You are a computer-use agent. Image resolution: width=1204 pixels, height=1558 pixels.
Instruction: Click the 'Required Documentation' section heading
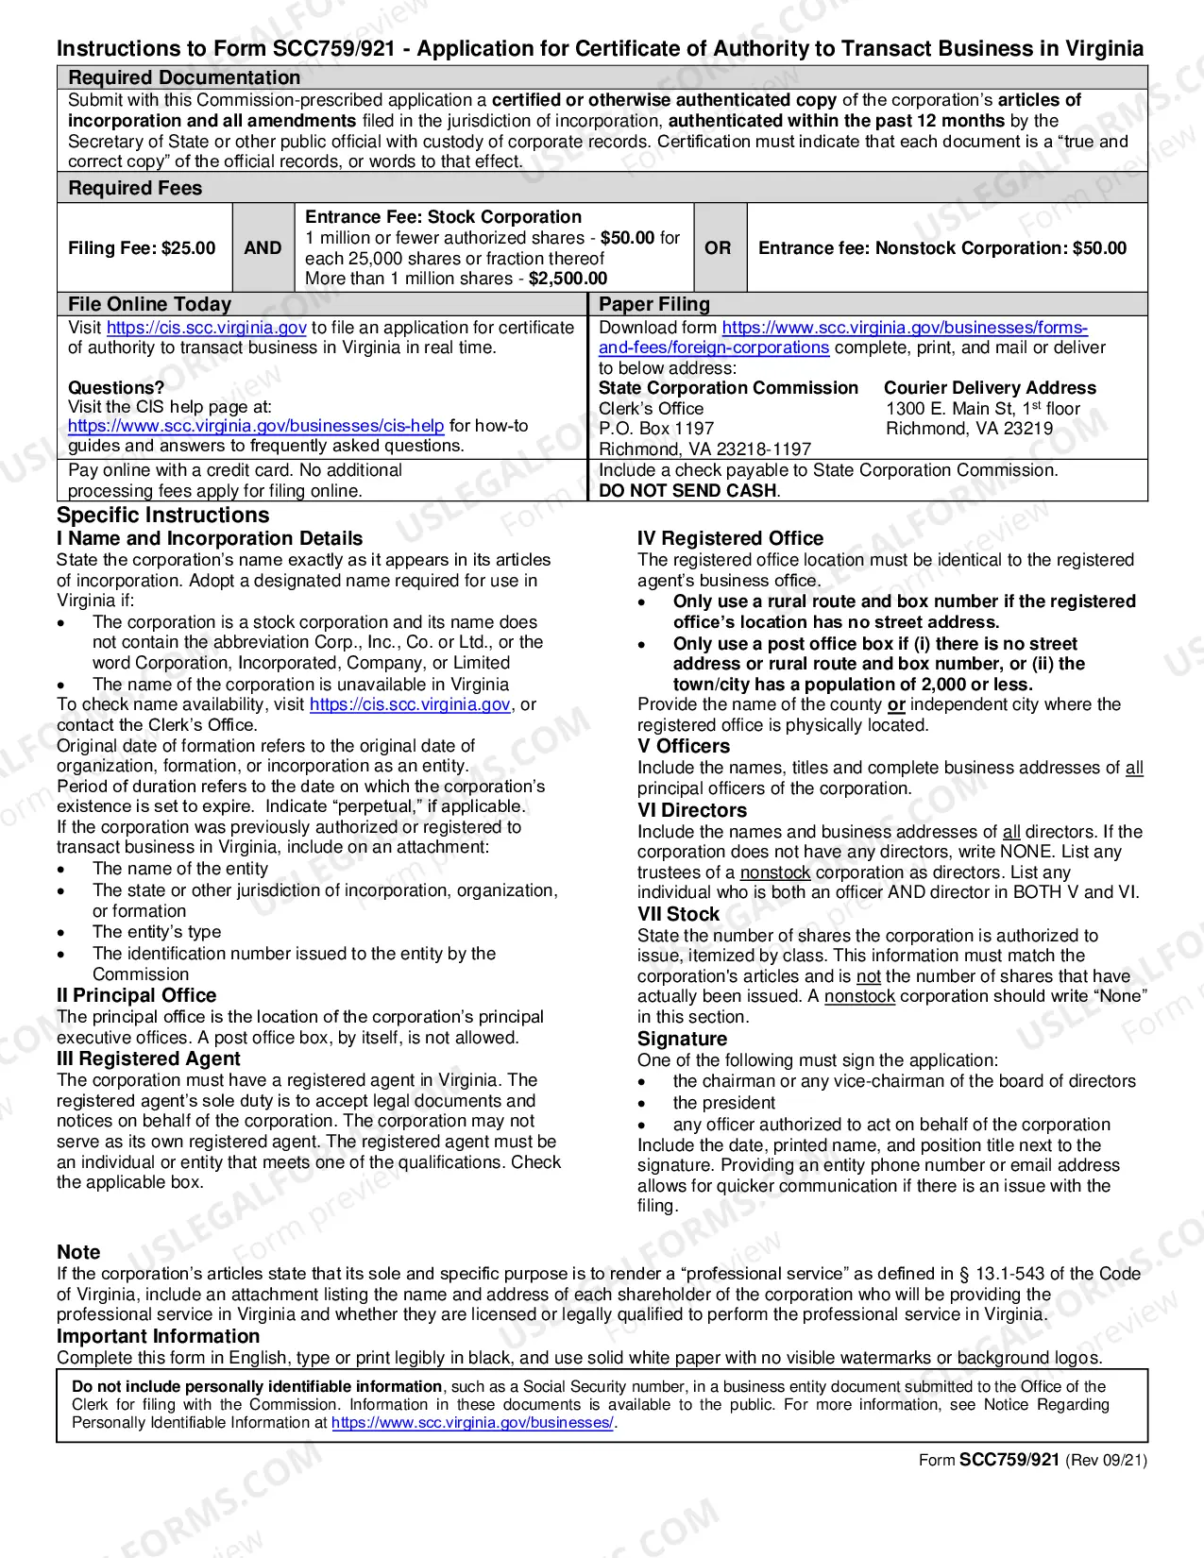click(184, 77)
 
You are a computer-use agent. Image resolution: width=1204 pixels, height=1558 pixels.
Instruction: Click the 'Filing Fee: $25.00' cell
click(142, 247)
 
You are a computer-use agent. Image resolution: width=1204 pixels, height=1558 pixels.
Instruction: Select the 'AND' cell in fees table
click(263, 247)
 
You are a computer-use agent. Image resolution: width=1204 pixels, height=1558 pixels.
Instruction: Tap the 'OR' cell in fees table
click(718, 247)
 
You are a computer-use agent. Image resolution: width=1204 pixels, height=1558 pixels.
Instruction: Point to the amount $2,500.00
click(568, 279)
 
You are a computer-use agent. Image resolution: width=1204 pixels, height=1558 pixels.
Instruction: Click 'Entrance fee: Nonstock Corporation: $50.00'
click(942, 247)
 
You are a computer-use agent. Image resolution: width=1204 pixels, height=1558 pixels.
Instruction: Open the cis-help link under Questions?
click(256, 426)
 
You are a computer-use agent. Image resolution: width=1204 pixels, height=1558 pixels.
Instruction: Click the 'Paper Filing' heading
click(654, 304)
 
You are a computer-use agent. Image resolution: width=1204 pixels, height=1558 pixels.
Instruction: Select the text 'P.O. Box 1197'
click(656, 429)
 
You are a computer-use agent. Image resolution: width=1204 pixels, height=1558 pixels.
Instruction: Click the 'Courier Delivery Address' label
click(990, 388)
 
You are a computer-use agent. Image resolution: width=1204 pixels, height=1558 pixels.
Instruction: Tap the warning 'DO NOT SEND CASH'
click(688, 491)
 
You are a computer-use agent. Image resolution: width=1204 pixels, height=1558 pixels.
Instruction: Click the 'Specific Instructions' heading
click(163, 516)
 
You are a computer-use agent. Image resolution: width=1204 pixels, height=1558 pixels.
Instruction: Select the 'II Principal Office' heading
click(137, 996)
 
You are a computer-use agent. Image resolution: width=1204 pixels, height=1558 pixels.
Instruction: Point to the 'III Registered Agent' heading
click(148, 1059)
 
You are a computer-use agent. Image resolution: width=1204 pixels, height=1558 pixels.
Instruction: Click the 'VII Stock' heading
click(678, 914)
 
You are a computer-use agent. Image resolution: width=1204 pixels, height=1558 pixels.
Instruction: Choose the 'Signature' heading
click(682, 1040)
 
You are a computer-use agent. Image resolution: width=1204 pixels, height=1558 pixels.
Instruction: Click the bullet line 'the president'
click(723, 1103)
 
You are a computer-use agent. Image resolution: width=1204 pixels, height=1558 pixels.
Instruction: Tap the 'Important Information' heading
click(158, 1336)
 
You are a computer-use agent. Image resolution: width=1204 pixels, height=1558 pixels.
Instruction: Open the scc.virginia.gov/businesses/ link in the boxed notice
click(472, 1423)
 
